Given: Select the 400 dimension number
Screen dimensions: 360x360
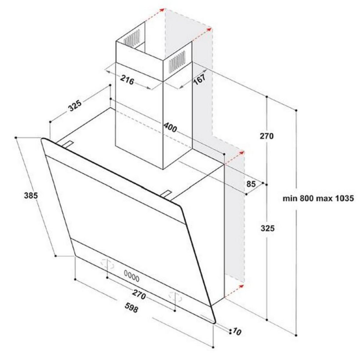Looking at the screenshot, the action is pyautogui.click(x=170, y=127).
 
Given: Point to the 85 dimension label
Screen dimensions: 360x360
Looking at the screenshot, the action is pyautogui.click(x=251, y=184).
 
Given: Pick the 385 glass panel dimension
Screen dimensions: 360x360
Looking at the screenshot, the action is pyautogui.click(x=31, y=196).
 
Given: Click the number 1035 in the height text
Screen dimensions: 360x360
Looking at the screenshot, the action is pyautogui.click(x=344, y=198).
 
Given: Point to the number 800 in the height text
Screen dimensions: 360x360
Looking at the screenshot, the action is pyautogui.click(x=307, y=198).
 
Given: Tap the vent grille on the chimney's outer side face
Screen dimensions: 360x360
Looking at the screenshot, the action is pyautogui.click(x=177, y=62).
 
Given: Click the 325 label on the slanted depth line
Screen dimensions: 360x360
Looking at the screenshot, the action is pyautogui.click(x=75, y=106).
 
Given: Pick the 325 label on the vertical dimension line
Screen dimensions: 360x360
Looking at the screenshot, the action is pyautogui.click(x=268, y=228).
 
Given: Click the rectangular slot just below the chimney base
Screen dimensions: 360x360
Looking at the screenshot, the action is pyautogui.click(x=166, y=193).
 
